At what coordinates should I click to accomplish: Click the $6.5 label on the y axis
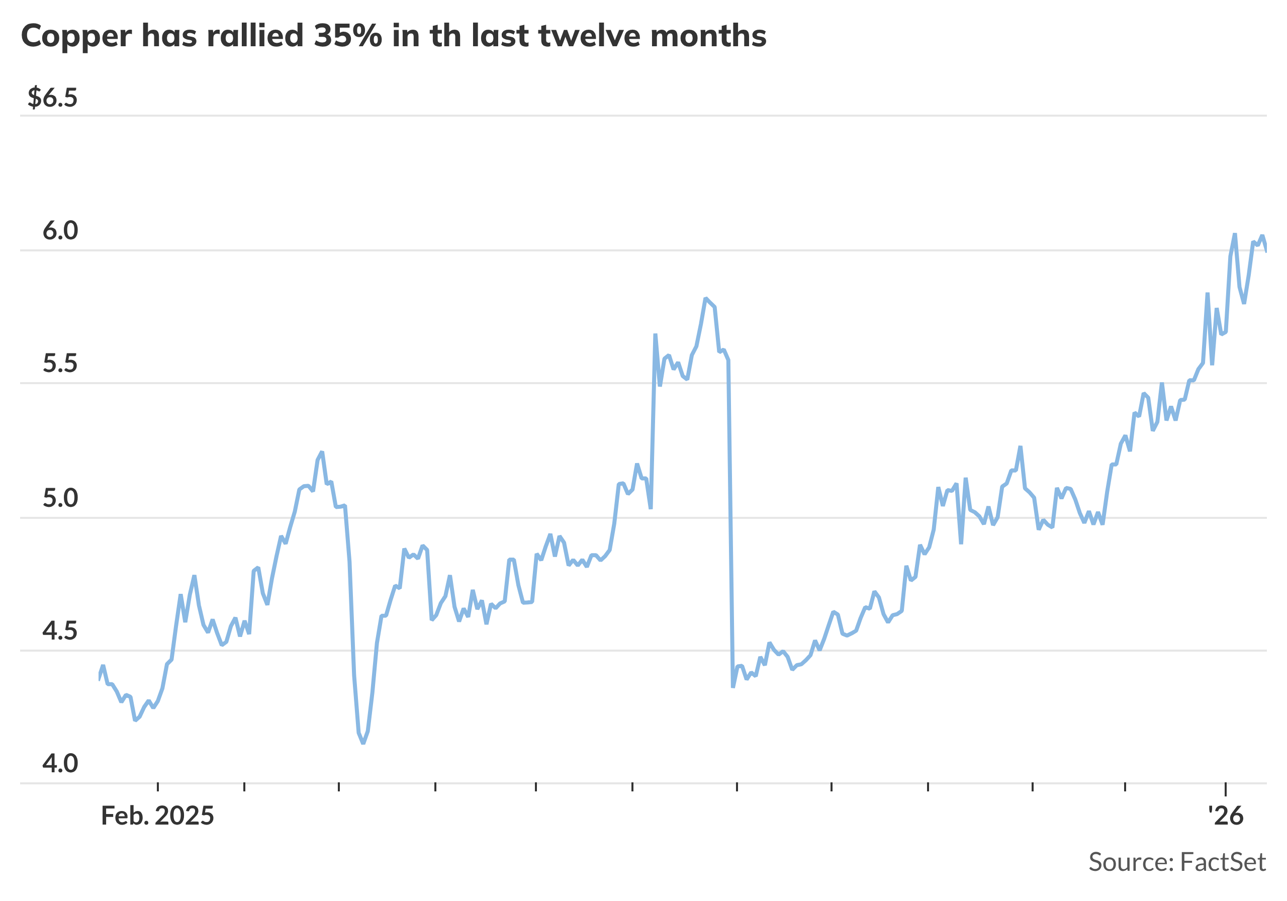[x=52, y=98]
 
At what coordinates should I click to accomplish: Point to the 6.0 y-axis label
[x=60, y=231]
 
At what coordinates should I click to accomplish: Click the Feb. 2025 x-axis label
[x=157, y=817]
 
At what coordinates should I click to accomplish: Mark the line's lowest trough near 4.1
[x=363, y=743]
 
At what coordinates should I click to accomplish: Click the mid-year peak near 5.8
[x=706, y=299]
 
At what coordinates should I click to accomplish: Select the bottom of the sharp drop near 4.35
[x=733, y=687]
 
